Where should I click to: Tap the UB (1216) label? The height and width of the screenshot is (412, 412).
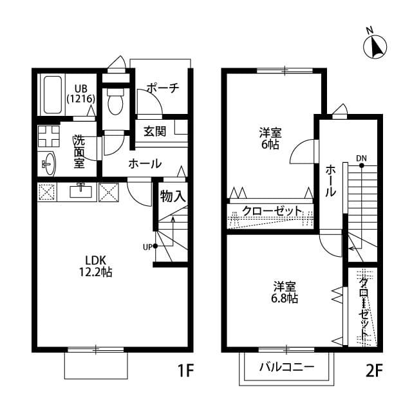point(81,94)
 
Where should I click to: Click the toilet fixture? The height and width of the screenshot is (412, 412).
point(116,103)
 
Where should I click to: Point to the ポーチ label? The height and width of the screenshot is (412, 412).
point(162,88)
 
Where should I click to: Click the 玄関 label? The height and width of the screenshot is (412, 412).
point(154,131)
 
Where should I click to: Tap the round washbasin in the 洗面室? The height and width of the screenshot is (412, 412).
point(48,164)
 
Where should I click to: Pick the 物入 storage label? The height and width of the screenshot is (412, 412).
point(173,196)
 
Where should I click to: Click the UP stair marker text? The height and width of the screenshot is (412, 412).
point(147,245)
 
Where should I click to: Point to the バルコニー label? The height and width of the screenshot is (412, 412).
point(286,368)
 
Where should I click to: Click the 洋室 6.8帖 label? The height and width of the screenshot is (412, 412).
point(283,292)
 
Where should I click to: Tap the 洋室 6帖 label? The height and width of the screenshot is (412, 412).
point(270,138)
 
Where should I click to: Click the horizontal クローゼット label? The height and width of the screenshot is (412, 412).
point(272,211)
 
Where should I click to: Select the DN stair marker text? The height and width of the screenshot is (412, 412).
point(361,158)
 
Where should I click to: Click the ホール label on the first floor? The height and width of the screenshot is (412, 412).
point(145,164)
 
